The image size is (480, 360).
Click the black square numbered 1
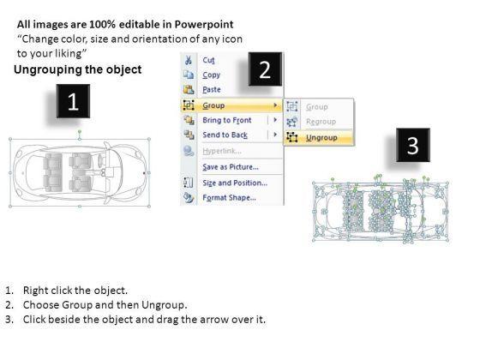click(x=73, y=101)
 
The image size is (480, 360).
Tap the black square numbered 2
click(x=265, y=69)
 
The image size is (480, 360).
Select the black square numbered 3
click(x=413, y=145)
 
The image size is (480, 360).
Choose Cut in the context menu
click(x=209, y=60)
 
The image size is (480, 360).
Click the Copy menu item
click(x=211, y=75)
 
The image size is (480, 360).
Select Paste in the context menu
click(x=212, y=90)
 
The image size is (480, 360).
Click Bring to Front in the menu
click(x=227, y=120)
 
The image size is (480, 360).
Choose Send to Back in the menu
click(x=225, y=135)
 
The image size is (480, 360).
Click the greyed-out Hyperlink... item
click(x=222, y=151)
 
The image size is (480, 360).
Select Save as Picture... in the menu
click(x=231, y=167)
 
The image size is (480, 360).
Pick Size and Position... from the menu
click(x=235, y=183)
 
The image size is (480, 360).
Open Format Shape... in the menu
click(x=230, y=197)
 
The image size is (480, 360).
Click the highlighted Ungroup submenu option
click(x=321, y=138)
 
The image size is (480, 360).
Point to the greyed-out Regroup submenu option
click(x=321, y=122)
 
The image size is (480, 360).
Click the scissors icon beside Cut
click(x=189, y=60)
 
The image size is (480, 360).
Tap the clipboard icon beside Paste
click(x=189, y=89)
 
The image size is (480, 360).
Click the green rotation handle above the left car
click(x=80, y=132)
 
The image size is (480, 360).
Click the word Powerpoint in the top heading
click(x=204, y=24)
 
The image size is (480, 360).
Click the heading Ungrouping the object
click(x=78, y=69)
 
